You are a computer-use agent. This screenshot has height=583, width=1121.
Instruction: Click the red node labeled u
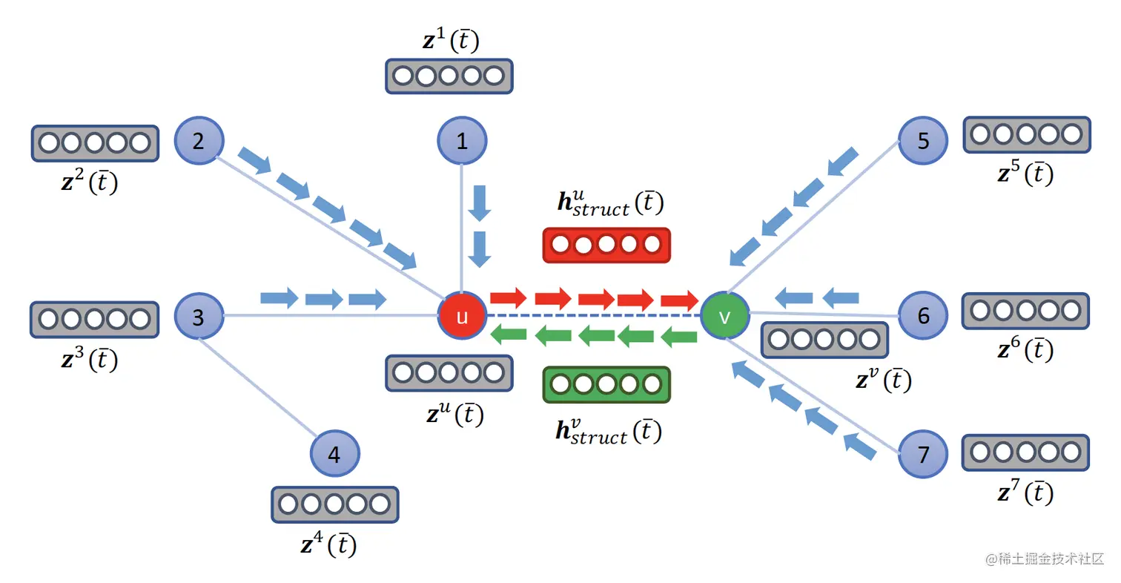coord(462,317)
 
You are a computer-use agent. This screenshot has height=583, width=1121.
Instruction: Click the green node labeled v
coord(725,316)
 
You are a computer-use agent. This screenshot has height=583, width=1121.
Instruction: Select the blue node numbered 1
coord(462,141)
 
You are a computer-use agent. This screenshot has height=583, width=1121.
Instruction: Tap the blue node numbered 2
coord(199,141)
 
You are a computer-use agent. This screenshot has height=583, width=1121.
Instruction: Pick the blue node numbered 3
coord(199,317)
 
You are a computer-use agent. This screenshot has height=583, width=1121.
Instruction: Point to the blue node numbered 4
coord(334,454)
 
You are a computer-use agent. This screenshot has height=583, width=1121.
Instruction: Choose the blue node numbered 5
coord(923,141)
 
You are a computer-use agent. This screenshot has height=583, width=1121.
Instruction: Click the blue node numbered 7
coord(923,454)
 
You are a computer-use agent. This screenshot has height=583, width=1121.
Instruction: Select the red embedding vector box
coord(606,245)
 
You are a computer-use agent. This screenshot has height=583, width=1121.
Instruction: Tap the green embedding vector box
coord(606,384)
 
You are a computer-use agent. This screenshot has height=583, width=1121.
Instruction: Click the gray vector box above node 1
coord(449,76)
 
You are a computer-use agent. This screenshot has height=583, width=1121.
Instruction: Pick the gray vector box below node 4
coord(334,504)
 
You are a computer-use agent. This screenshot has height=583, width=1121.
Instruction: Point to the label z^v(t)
coord(882,381)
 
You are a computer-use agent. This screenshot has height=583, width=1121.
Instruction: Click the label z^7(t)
coord(1025,492)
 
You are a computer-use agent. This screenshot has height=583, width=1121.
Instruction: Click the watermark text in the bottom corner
coord(1045,559)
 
